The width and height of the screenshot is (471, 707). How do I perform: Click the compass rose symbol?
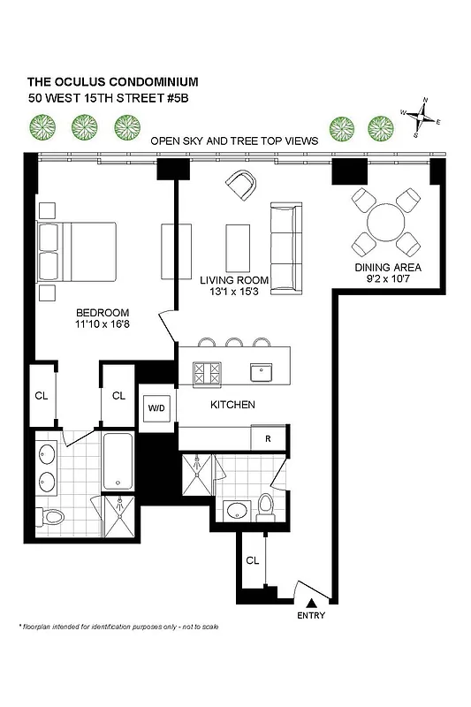tap(423, 114)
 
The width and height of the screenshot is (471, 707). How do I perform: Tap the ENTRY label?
tap(311, 616)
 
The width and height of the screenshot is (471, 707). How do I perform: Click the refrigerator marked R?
tap(268, 437)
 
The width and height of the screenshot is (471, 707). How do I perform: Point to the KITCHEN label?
tap(232, 405)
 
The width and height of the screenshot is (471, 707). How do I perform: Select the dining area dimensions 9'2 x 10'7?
tap(387, 279)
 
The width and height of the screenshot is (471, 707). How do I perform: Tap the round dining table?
tap(386, 221)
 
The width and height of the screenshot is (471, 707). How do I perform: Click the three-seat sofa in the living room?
tap(285, 247)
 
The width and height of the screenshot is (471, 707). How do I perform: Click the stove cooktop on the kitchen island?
tap(209, 372)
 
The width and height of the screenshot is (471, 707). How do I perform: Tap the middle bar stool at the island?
tap(234, 343)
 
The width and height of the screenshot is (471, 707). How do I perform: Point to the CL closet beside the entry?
tap(252, 560)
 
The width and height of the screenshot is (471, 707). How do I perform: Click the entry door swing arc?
tap(307, 594)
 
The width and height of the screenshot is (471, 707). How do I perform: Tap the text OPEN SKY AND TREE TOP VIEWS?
tap(233, 141)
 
